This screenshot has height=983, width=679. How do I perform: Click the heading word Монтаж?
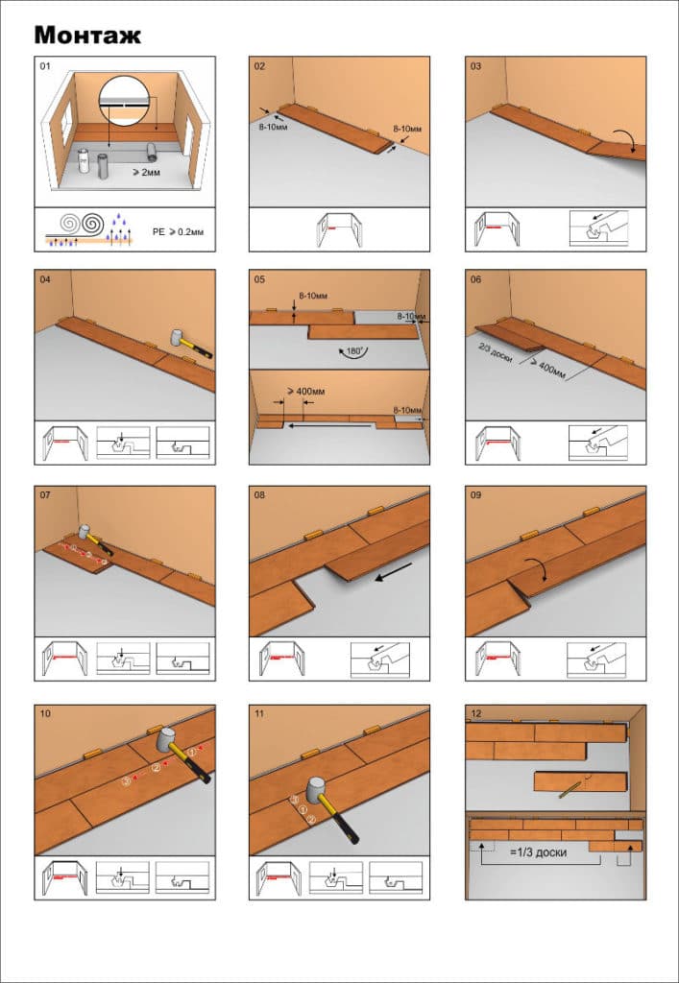(87, 36)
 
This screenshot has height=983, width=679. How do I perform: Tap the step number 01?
(44, 65)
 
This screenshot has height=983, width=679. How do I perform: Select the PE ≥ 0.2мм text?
(178, 232)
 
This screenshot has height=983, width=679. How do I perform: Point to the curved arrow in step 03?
(625, 140)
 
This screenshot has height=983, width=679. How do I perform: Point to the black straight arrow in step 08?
(394, 572)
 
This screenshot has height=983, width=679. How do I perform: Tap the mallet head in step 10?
(166, 740)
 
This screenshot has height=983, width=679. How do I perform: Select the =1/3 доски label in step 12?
(539, 852)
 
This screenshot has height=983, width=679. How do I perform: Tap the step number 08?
(259, 494)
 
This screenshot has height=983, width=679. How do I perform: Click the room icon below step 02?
(339, 229)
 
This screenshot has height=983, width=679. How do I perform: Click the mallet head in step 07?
(84, 533)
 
